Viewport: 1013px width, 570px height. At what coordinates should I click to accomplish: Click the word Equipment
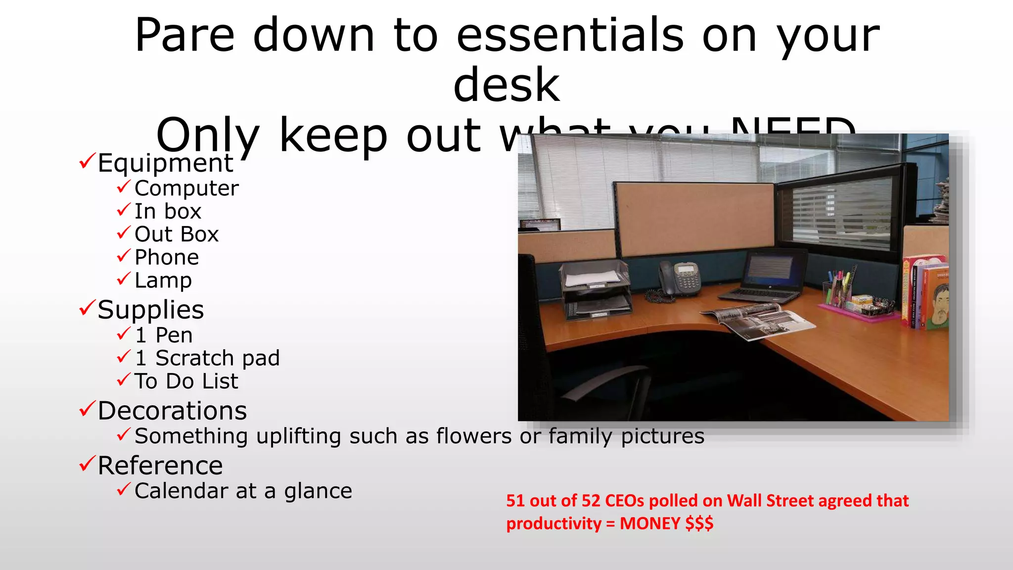point(165,163)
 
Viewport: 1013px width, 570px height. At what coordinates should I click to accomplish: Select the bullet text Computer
point(186,189)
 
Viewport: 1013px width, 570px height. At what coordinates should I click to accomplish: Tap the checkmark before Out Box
point(123,233)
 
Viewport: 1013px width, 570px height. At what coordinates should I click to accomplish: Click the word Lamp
point(163,281)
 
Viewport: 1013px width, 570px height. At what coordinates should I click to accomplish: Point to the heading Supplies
point(150,310)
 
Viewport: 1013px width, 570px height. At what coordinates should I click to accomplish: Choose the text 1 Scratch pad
point(207,358)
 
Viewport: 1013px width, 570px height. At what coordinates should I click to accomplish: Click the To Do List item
point(186,381)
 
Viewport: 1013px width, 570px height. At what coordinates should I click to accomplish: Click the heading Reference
point(160,466)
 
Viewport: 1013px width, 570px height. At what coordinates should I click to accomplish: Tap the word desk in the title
point(506,85)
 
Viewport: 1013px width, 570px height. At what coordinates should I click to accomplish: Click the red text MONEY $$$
point(666,523)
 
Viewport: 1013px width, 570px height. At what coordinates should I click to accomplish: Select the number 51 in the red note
point(515,501)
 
